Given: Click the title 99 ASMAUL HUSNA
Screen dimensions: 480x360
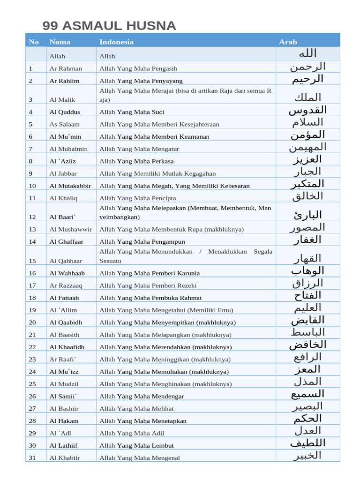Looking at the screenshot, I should pyautogui.click(x=109, y=26).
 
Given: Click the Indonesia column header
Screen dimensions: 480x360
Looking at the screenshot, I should pyautogui.click(x=116, y=42).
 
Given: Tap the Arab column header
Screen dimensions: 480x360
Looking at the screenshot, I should pyautogui.click(x=288, y=42).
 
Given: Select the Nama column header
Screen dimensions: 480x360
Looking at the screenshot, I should pyautogui.click(x=60, y=42).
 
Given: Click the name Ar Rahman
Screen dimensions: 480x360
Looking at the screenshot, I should pyautogui.click(x=66, y=68).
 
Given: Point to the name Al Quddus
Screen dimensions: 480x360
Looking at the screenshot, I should pyautogui.click(x=65, y=112).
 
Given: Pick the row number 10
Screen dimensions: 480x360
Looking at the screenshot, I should pyautogui.click(x=32, y=186).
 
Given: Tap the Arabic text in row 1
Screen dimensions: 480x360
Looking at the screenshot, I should pyautogui.click(x=307, y=67).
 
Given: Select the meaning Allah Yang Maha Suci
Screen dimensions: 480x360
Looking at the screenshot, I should pyautogui.click(x=132, y=112).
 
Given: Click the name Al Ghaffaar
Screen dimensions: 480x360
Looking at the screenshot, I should pyautogui.click(x=67, y=241).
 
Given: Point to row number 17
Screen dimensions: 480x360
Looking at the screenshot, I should pyautogui.click(x=32, y=285).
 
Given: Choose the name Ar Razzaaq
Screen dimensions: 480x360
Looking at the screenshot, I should pyautogui.click(x=66, y=285).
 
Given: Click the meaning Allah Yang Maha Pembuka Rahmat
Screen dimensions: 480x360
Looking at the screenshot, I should pyautogui.click(x=150, y=298).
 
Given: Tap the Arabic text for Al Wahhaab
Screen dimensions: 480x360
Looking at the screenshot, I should pyautogui.click(x=307, y=271).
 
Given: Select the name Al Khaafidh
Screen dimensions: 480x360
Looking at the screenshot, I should pyautogui.click(x=67, y=347).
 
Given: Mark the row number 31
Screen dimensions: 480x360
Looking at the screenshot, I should pyautogui.click(x=32, y=458).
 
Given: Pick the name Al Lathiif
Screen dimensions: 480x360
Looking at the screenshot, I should pyautogui.click(x=64, y=445).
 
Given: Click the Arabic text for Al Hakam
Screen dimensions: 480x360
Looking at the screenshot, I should pyautogui.click(x=307, y=418).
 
